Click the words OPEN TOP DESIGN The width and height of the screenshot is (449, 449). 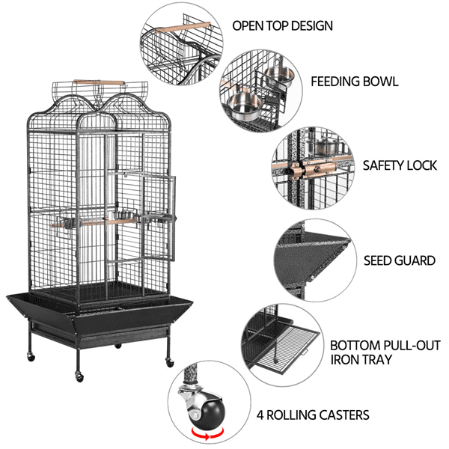pos(282,25)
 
